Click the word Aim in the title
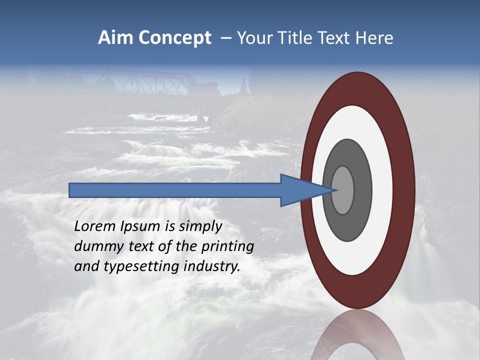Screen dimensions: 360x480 pyautogui.click(x=115, y=38)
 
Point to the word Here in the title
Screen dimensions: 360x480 pyautogui.click(x=374, y=38)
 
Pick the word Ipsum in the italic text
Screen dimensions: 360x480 pyautogui.click(x=141, y=227)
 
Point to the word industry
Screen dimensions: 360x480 pyautogui.click(x=212, y=266)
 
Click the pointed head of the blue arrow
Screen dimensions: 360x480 pyautogui.click(x=305, y=190)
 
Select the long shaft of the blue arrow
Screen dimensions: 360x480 pyautogui.click(x=175, y=190)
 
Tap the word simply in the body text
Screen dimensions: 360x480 pyautogui.click(x=200, y=227)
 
